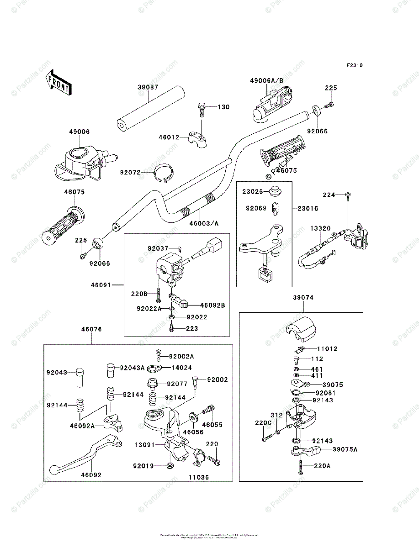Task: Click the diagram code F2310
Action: coord(355,65)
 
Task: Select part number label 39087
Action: coord(147,88)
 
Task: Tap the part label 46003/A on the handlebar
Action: coord(204,223)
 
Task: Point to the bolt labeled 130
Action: coord(202,108)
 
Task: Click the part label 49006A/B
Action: coord(266,81)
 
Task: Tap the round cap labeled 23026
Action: coord(275,190)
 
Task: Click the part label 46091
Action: coord(101,285)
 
